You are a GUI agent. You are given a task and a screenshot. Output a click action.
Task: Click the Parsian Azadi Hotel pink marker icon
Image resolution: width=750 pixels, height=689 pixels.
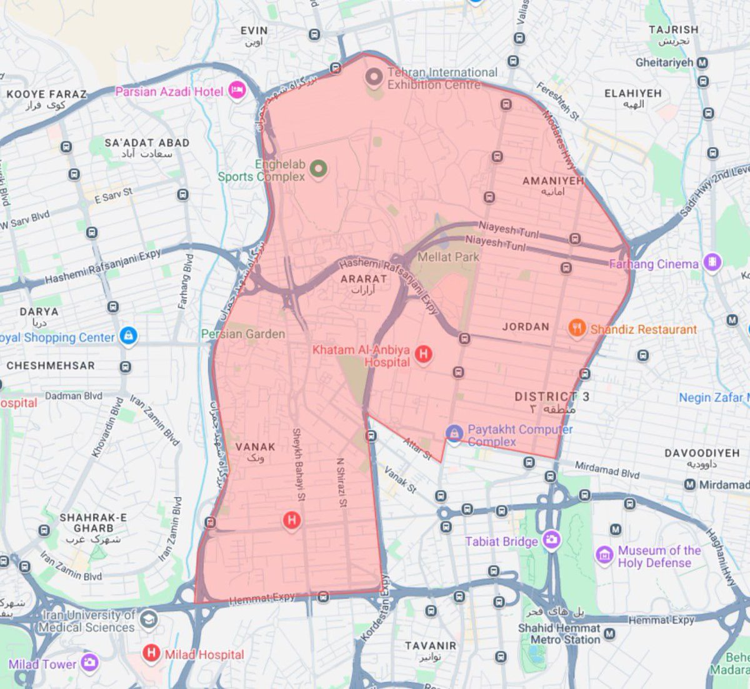tap(237, 91)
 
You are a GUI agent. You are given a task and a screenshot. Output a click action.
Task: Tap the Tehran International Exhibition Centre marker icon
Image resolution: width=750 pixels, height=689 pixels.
tap(374, 78)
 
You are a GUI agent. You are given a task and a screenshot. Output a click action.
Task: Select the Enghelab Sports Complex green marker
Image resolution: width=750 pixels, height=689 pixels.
tap(319, 169)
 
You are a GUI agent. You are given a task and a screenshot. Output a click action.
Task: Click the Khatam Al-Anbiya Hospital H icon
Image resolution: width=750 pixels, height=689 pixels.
tap(423, 354)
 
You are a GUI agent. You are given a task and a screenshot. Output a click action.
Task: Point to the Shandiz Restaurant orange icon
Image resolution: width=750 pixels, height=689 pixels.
tap(577, 328)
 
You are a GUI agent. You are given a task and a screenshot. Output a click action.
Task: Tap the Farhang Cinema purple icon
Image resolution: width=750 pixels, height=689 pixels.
tap(711, 263)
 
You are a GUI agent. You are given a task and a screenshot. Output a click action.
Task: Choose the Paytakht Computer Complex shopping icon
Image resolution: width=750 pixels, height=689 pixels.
tap(454, 432)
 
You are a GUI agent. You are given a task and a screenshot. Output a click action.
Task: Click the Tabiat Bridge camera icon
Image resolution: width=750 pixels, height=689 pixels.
tap(551, 540)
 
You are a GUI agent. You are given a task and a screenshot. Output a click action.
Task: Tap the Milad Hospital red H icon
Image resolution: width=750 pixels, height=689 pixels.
tap(151, 653)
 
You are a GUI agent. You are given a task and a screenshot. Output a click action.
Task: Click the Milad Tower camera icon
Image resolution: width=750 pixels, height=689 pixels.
tap(89, 663)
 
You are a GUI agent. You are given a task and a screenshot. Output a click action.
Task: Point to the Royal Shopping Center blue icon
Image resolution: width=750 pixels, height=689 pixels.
tap(128, 336)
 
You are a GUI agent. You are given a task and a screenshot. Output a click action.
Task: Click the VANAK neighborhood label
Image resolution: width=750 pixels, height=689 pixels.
tap(255, 447)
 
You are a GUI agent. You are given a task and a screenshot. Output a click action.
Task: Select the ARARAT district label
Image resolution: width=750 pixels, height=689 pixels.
tap(363, 279)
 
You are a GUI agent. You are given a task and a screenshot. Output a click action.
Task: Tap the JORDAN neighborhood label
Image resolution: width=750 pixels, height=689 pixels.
tap(526, 326)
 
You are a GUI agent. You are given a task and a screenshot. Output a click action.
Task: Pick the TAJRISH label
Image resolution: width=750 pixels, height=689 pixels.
tap(673, 29)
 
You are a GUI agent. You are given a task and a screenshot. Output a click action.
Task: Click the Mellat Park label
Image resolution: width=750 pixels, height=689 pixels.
tap(448, 257)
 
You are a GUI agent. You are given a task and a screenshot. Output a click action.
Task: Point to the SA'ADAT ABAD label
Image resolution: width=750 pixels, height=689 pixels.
tap(147, 143)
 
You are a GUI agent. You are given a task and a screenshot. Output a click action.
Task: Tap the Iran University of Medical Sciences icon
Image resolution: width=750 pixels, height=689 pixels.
tap(148, 619)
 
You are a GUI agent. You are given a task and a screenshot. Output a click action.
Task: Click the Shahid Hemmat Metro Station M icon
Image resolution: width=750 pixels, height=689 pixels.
tap(609, 635)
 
